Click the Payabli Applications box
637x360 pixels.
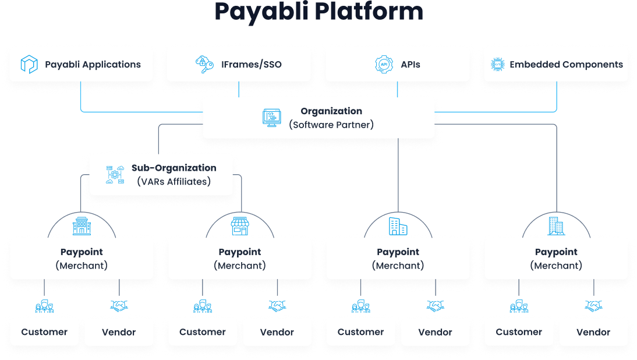pos(81,64)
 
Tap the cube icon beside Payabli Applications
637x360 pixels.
pos(29,64)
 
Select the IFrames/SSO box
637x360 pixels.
pos(239,64)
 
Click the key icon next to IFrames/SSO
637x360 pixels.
pos(205,64)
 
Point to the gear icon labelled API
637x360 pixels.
pos(384,64)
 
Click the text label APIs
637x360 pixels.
pos(410,64)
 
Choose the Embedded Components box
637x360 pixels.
pos(556,64)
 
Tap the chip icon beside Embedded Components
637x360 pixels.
pos(497,64)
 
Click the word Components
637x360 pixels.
pos(594,64)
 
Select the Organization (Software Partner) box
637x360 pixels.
pos(318,118)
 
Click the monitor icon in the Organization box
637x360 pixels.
pos(271,118)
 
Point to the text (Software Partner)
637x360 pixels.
pos(331,125)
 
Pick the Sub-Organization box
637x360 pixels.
pos(161,174)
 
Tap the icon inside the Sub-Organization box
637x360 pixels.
pos(114,175)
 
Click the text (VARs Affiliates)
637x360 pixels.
pos(174,181)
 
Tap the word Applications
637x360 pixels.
pos(110,64)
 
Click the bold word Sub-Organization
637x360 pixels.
pos(174,168)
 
